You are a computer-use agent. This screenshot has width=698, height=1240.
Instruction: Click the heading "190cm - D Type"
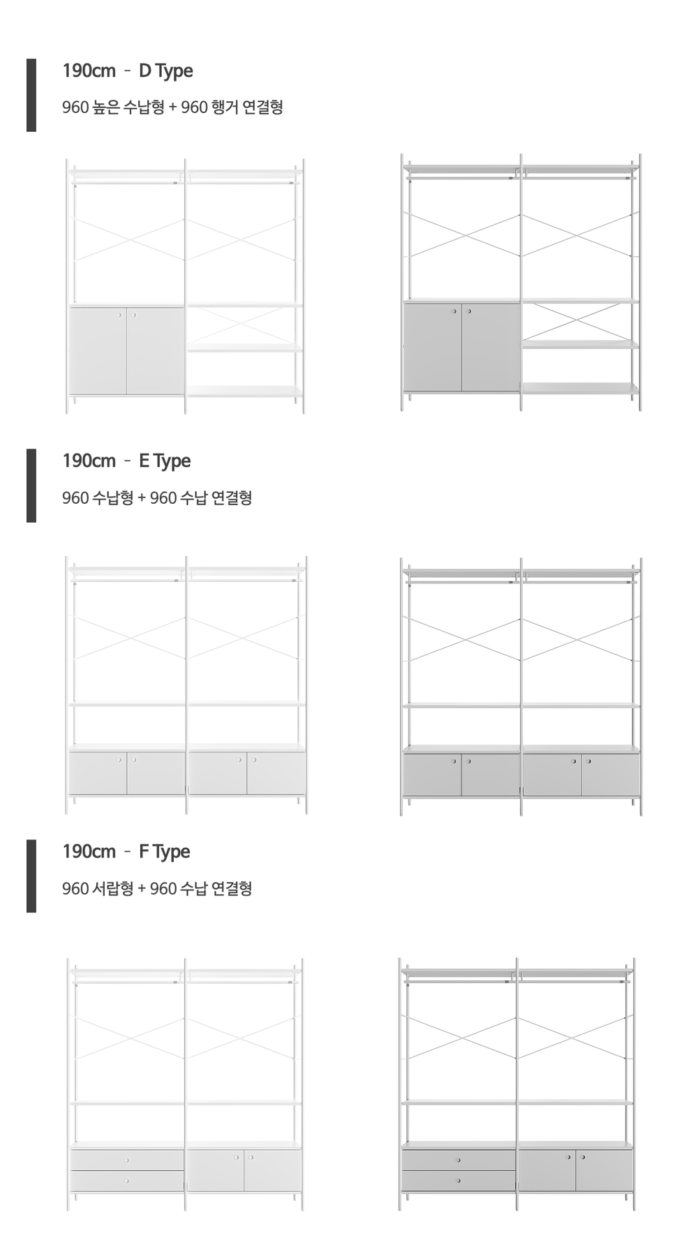tap(128, 71)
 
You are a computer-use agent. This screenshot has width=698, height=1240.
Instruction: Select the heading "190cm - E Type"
tap(126, 461)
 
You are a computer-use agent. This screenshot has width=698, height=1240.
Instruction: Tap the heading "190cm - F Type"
tap(126, 852)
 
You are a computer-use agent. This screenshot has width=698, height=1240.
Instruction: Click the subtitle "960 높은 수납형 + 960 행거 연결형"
tap(172, 107)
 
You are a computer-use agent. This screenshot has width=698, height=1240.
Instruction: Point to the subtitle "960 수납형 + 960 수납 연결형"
tap(157, 498)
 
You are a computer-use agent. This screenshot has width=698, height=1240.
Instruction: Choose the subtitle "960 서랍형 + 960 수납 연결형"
tap(157, 889)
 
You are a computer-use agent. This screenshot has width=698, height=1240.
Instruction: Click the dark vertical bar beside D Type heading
tap(31, 95)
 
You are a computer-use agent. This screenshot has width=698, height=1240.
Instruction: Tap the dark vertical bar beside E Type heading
tap(31, 486)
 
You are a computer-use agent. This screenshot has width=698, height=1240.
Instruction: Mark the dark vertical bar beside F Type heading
tap(31, 876)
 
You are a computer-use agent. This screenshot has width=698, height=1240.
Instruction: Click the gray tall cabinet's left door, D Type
tap(433, 348)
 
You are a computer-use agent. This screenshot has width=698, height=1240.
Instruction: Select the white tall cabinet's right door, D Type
tap(155, 351)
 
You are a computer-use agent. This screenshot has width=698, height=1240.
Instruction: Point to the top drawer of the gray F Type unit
tap(459, 1160)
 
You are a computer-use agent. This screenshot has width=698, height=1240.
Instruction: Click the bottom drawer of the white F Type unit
tap(127, 1181)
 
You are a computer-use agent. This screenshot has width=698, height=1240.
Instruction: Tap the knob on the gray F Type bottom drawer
tap(459, 1181)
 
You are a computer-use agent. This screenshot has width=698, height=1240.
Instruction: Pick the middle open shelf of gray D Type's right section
tap(580, 345)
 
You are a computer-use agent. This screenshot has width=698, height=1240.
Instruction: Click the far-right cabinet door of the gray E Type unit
tap(610, 775)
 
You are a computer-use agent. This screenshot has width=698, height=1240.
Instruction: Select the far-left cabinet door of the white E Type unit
tap(98, 773)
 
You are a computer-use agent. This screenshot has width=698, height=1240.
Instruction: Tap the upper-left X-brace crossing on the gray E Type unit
tap(463, 639)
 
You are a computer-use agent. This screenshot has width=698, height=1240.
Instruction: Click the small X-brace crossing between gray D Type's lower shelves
tap(580, 322)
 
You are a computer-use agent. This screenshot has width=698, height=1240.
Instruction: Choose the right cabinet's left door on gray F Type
tap(547, 1170)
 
